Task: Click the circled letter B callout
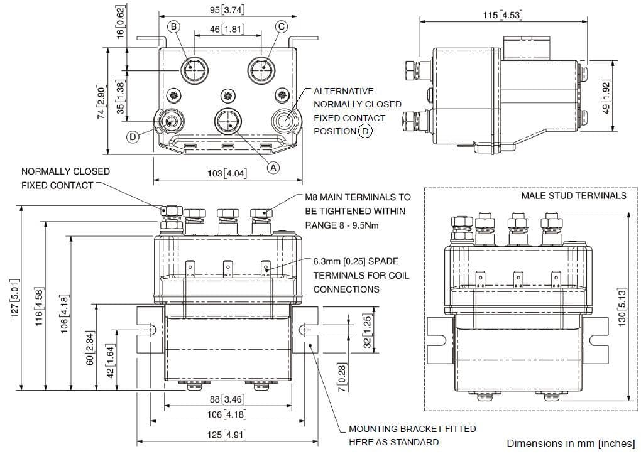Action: point(173,27)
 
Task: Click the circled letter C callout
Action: point(282,27)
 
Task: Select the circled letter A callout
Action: point(273,167)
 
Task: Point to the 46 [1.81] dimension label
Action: point(227,29)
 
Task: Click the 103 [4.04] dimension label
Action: point(227,173)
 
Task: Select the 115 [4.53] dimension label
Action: point(502,15)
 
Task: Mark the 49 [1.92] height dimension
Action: point(606,97)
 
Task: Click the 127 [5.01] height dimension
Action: point(15,298)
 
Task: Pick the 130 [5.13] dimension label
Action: point(622,307)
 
